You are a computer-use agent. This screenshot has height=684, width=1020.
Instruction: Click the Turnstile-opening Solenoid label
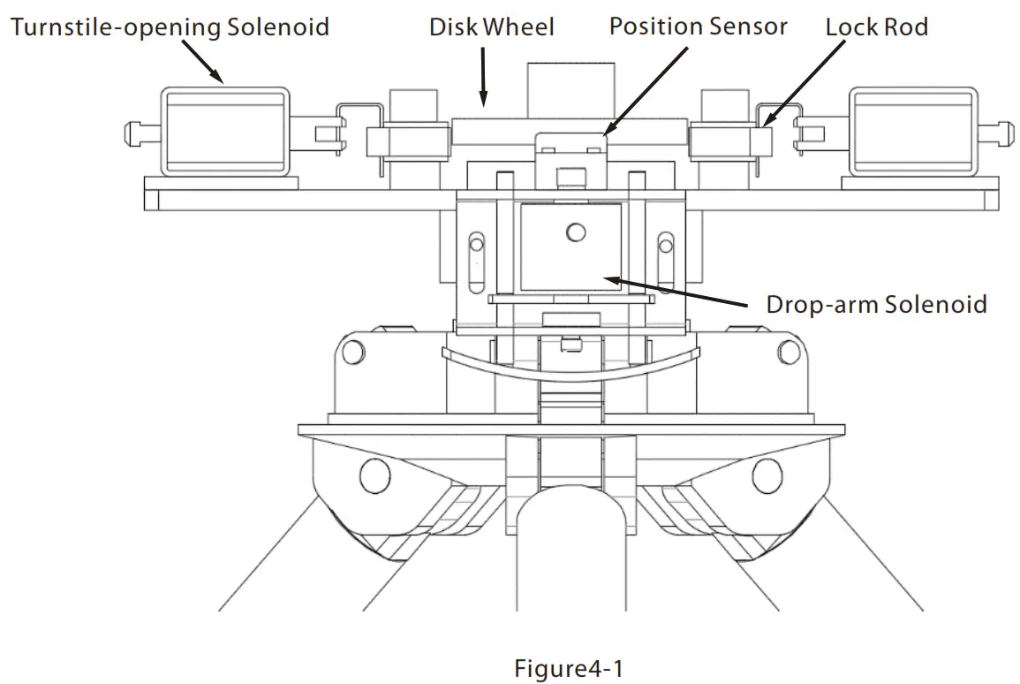point(170,27)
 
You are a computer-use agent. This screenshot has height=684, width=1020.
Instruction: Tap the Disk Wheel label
point(492,27)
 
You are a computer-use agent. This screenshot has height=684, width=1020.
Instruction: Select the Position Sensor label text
point(698,27)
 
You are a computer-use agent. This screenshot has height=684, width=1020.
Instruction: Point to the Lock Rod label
point(877,27)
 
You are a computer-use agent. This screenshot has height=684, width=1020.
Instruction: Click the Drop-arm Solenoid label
point(877,305)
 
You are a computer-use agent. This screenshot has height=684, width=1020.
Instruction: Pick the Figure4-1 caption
point(568,668)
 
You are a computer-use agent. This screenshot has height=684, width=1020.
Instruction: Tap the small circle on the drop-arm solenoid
point(576,232)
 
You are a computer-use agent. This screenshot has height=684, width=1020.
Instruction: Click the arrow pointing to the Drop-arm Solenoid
point(680,292)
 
